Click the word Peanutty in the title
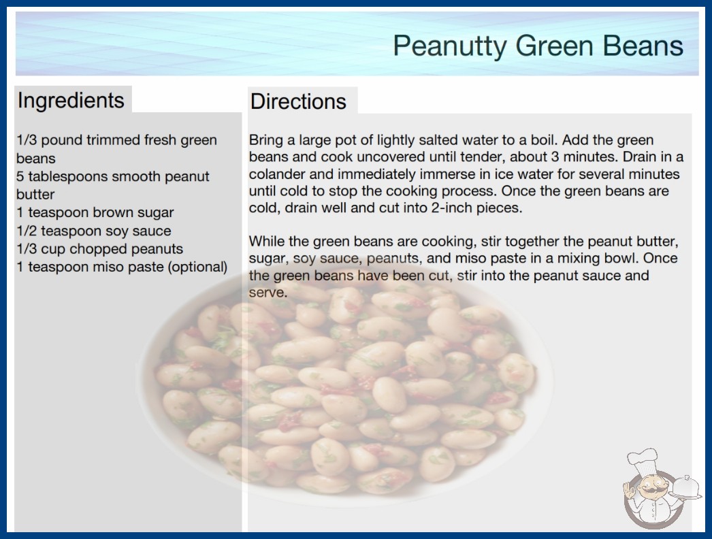(x=449, y=46)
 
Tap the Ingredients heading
(x=71, y=100)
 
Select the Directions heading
(x=298, y=101)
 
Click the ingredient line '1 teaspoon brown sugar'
(x=95, y=212)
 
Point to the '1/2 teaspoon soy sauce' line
(x=94, y=231)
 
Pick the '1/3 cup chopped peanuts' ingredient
(x=100, y=249)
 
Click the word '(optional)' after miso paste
(x=197, y=267)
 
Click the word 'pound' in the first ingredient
(x=62, y=140)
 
